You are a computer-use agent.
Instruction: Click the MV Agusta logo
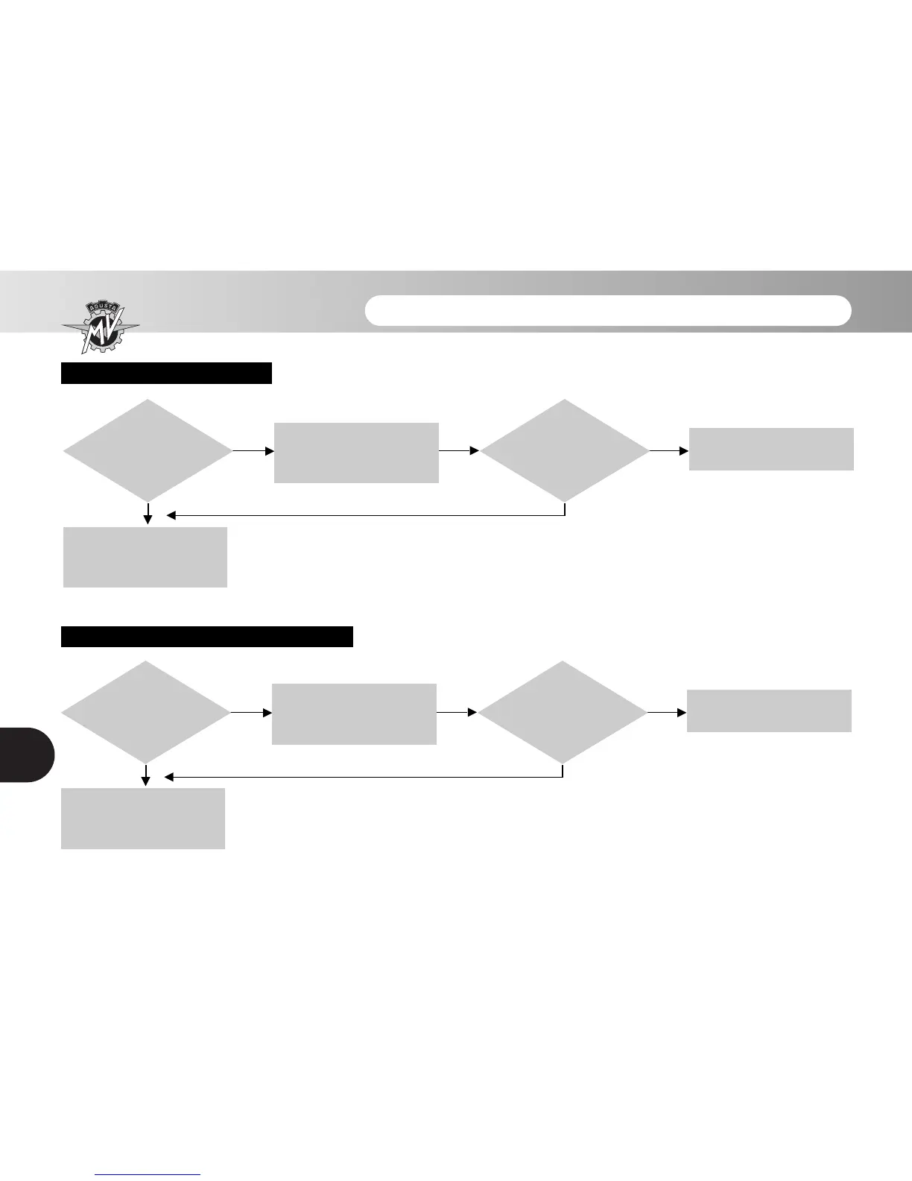click(x=100, y=327)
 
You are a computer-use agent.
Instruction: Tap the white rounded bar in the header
click(x=608, y=311)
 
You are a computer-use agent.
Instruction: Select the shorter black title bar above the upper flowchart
click(x=166, y=373)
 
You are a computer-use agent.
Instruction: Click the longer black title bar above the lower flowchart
click(x=206, y=637)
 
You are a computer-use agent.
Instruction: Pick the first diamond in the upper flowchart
click(x=148, y=450)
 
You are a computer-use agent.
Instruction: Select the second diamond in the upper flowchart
click(x=565, y=450)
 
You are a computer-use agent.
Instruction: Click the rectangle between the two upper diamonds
click(x=356, y=453)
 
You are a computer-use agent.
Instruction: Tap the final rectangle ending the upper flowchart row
click(x=771, y=449)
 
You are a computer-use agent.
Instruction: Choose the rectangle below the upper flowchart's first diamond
click(x=145, y=557)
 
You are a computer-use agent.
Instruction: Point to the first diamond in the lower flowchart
click(x=145, y=712)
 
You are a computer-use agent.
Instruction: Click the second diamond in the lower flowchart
click(x=563, y=712)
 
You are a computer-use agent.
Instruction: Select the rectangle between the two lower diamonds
click(x=354, y=714)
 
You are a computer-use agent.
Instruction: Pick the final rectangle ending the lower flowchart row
click(x=769, y=711)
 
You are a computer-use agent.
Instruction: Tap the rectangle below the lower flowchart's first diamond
click(x=143, y=818)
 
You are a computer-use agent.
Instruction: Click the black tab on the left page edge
click(x=27, y=754)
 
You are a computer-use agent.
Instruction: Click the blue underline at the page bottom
click(x=148, y=1175)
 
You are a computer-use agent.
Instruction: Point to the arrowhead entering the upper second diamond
click(x=475, y=450)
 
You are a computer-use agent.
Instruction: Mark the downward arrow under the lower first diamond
click(x=146, y=778)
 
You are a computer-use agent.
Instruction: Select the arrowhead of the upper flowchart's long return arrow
click(x=171, y=515)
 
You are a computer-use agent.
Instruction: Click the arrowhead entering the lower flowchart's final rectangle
click(x=681, y=712)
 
